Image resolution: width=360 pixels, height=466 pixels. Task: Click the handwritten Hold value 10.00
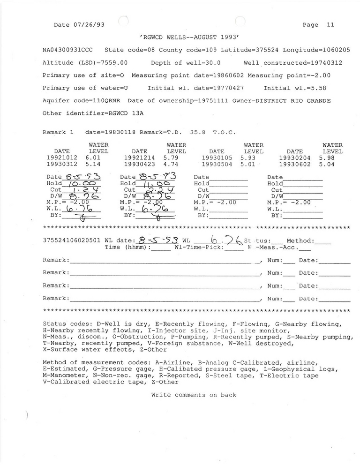[x=72, y=184]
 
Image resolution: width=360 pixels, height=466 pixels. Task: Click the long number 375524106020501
[x=72, y=241]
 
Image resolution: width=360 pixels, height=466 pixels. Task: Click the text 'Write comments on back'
[x=194, y=395]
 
